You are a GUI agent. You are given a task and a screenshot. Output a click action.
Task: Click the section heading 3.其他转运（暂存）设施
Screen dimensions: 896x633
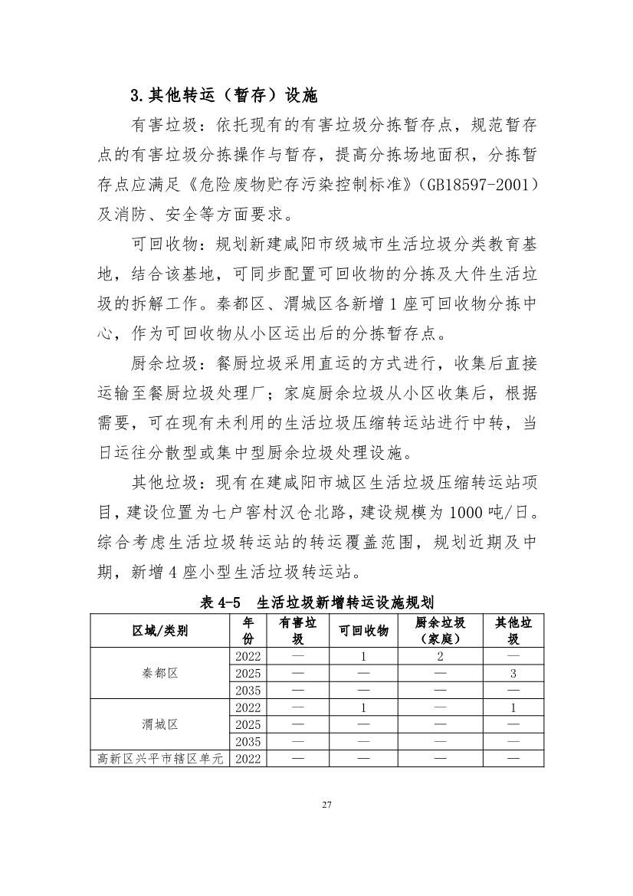tap(224, 97)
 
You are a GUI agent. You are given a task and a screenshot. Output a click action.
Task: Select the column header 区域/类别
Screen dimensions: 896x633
tap(159, 631)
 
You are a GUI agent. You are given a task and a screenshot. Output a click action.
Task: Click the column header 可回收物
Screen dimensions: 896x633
tap(363, 631)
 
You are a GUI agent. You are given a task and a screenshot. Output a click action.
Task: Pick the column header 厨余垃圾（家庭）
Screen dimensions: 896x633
tap(440, 631)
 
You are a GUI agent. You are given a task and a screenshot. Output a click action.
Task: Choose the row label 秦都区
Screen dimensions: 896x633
tap(159, 673)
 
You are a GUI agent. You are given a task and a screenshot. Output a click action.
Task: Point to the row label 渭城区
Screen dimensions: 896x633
tap(159, 724)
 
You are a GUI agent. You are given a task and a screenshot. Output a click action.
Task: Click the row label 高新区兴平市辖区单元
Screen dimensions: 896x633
tap(159, 759)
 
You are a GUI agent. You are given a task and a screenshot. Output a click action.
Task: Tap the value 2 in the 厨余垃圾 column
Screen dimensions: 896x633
tap(440, 656)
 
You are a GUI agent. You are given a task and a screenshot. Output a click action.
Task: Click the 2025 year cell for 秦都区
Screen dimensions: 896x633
tap(248, 673)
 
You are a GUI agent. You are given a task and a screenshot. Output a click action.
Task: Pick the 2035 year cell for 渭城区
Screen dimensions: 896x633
tap(248, 741)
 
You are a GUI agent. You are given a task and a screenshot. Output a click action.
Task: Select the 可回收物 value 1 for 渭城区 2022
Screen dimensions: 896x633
tap(363, 707)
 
